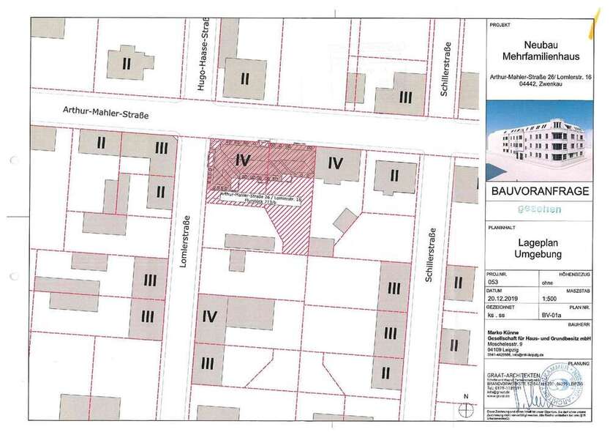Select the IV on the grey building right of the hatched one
[335, 163]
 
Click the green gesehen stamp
[540, 210]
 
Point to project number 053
[495, 281]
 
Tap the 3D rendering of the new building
[540, 144]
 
